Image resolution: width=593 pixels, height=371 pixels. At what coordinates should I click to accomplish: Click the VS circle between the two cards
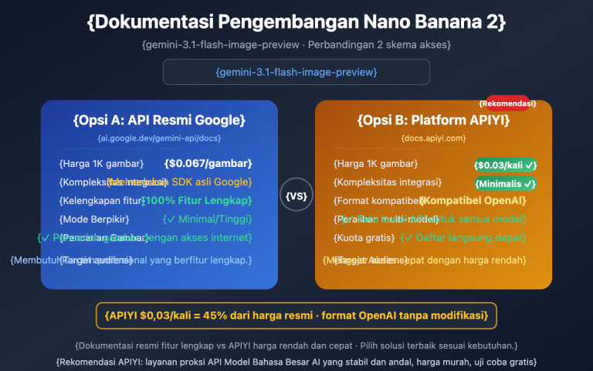coord(296,196)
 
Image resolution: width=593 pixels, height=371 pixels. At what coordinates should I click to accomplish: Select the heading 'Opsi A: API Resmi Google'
coord(159,121)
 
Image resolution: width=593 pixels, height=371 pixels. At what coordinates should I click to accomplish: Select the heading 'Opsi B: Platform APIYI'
coord(433,121)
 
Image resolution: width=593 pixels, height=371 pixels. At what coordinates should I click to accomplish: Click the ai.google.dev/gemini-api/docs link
coord(159,138)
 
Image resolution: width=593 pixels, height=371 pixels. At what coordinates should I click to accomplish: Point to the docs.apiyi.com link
coord(433,138)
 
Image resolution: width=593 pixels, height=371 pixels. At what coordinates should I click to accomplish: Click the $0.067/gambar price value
coord(208,164)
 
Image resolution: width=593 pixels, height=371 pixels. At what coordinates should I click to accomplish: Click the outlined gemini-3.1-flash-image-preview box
coord(296,72)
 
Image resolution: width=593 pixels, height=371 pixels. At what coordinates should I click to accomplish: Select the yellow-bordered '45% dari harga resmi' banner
coord(296,315)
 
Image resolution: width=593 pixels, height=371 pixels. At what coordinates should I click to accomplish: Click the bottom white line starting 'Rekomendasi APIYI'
coord(296,361)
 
